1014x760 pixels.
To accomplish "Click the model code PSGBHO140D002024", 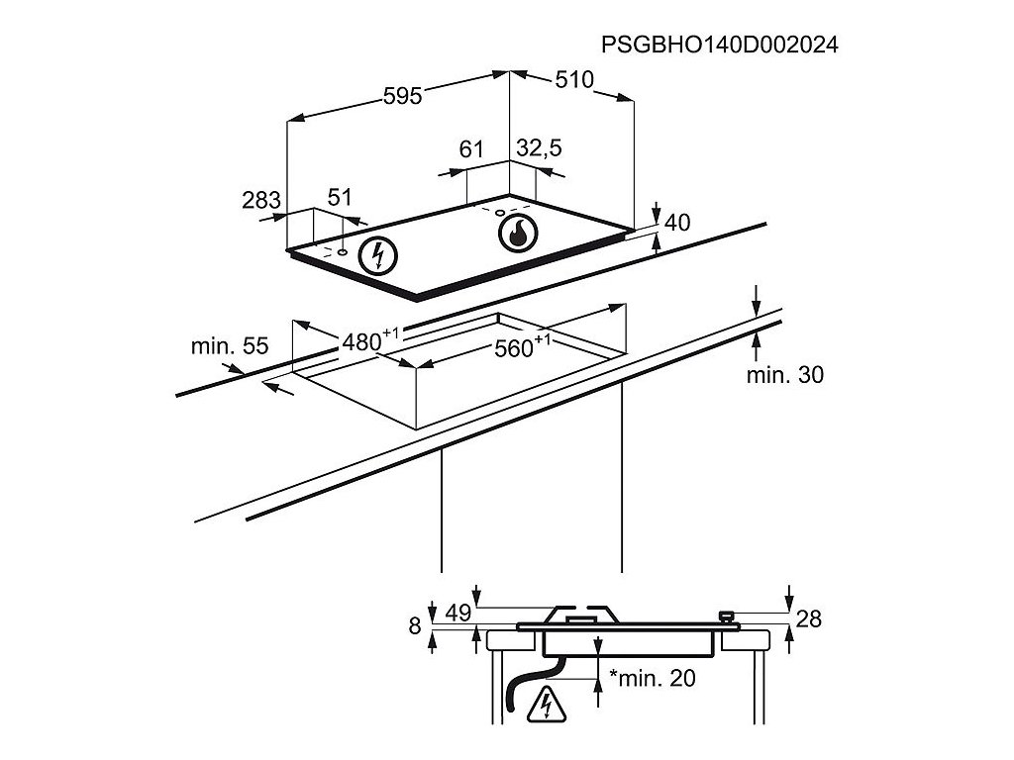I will [720, 45].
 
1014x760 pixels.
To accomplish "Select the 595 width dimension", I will [403, 95].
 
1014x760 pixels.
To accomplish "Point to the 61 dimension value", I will [471, 149].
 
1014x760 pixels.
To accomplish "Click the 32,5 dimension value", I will [540, 148].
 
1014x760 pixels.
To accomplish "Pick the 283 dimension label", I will [261, 200].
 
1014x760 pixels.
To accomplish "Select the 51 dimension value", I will [340, 197].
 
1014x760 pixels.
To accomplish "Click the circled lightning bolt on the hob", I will [376, 255].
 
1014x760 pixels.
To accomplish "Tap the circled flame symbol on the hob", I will [516, 234].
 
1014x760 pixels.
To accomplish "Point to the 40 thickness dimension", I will [676, 223].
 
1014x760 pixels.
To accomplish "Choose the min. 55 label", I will [230, 346].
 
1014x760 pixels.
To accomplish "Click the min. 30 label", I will [784, 374].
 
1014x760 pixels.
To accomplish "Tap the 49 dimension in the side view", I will [456, 614].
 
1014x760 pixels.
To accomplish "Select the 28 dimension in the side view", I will [809, 619].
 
